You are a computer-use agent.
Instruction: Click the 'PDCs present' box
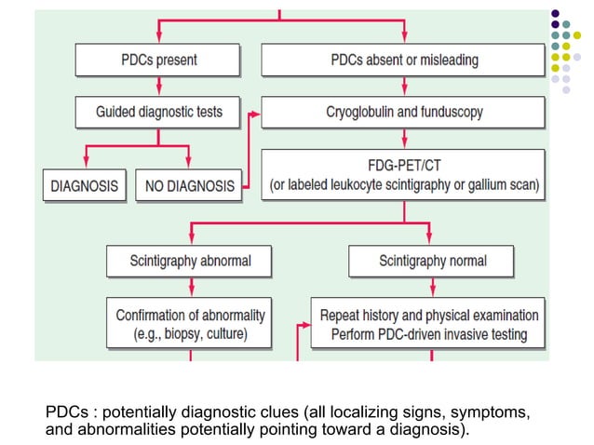158,61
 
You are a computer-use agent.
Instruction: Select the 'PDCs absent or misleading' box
404,61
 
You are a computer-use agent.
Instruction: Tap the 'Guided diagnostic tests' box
159,112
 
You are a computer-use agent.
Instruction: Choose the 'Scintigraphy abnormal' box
190,260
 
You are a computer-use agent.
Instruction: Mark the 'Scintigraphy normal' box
432,260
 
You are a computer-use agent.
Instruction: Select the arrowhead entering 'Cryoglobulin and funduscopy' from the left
256,112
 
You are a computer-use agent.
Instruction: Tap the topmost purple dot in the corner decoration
556,14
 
